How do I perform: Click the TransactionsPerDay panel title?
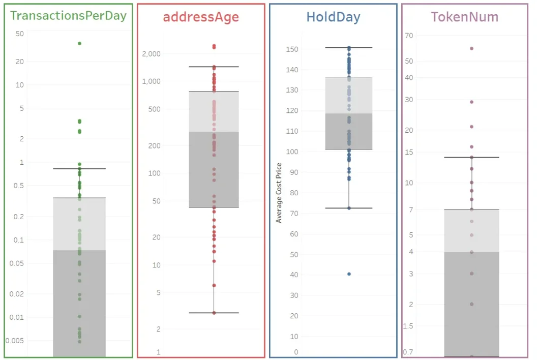68,15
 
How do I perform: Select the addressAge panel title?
201,17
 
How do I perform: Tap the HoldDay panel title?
333,17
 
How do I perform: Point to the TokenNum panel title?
464,17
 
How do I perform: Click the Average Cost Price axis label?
279,193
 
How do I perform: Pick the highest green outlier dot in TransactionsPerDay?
79,43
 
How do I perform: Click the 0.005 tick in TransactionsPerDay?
15,341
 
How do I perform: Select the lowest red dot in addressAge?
214,313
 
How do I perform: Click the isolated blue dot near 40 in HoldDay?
349,274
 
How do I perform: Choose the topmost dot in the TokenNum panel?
471,48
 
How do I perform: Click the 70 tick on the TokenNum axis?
408,35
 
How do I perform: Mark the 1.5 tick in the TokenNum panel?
408,326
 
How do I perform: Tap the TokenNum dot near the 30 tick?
471,102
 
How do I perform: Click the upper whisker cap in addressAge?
214,67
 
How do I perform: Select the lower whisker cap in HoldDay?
349,208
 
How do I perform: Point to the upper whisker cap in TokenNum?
471,157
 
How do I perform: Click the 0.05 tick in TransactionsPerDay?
17,263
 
